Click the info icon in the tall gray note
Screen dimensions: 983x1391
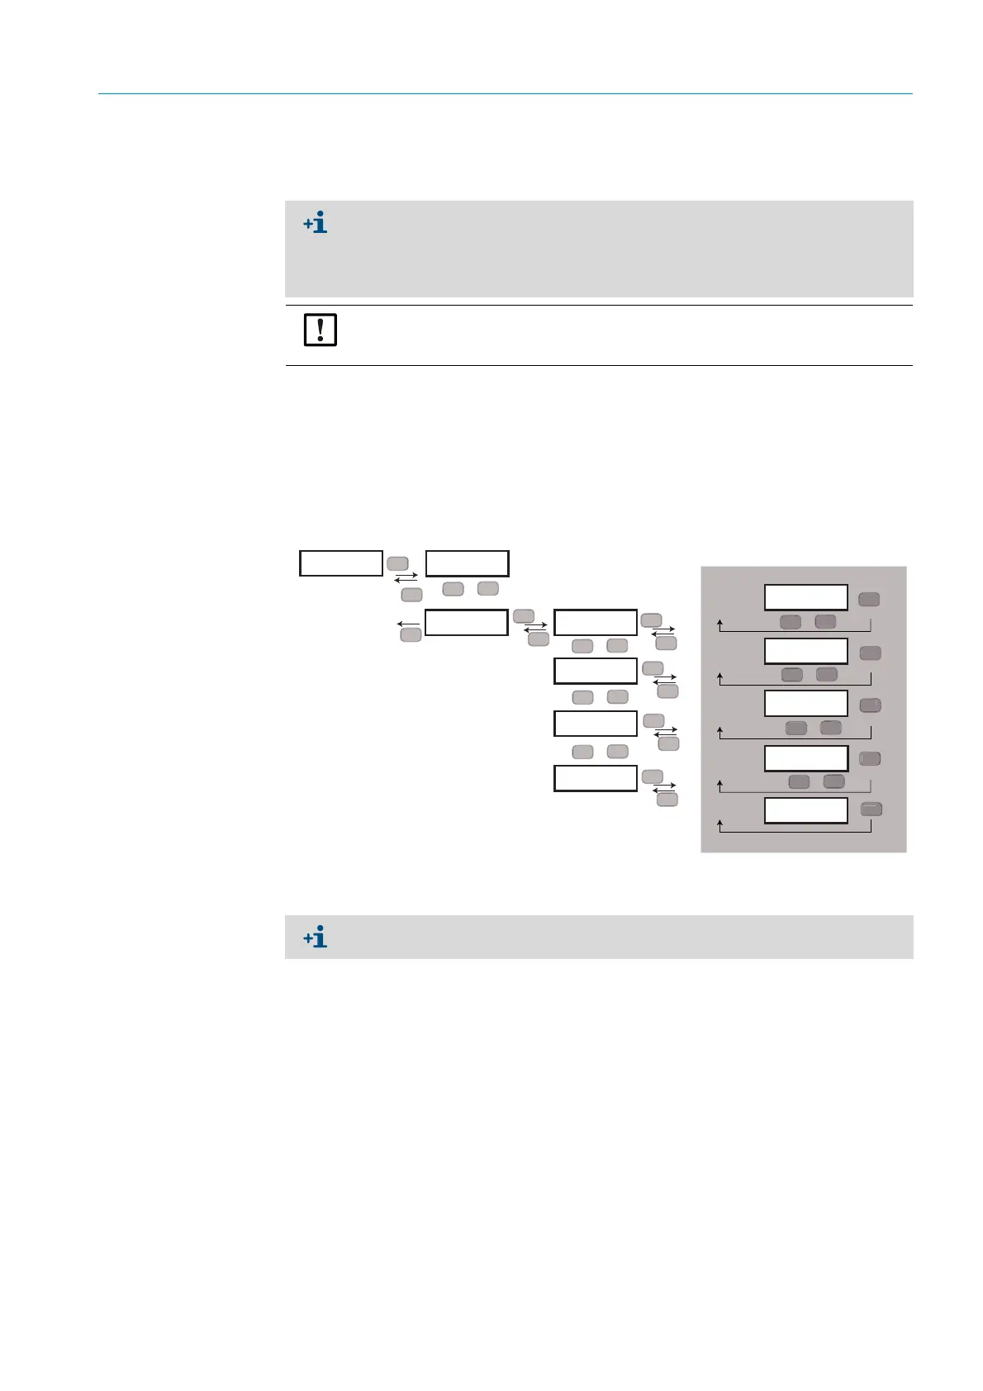coord(316,222)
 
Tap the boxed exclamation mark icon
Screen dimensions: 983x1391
coord(320,330)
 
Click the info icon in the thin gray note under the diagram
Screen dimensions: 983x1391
coord(316,937)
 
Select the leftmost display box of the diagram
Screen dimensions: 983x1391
coord(341,563)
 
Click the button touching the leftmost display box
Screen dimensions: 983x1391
coord(397,563)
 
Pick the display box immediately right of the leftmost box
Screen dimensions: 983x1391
coord(467,563)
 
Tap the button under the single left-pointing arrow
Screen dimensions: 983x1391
coord(411,635)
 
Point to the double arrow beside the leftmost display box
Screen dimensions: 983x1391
coord(406,578)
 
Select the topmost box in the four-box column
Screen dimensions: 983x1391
coord(595,622)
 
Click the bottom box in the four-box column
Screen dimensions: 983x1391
coord(595,778)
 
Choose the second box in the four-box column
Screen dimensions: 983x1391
coord(595,671)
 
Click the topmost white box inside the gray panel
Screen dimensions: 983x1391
coord(805,597)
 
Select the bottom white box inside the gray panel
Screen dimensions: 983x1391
coord(805,810)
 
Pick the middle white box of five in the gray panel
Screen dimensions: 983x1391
coord(805,704)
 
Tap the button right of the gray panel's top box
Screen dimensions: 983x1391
coord(868,600)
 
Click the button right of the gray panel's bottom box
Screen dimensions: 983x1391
coord(871,810)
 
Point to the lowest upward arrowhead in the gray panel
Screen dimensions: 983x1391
coord(720,824)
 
